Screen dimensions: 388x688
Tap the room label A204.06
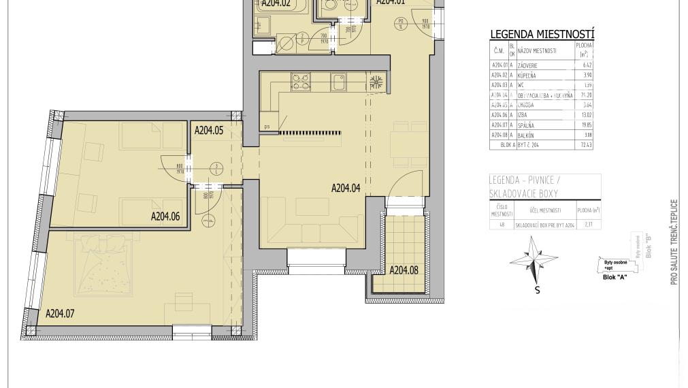coord(165,218)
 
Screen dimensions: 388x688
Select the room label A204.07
coord(60,314)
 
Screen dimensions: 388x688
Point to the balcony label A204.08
coord(405,270)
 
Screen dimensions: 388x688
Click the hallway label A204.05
coord(209,129)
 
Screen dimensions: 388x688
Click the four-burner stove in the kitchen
coord(300,82)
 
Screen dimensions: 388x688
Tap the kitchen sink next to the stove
coord(338,82)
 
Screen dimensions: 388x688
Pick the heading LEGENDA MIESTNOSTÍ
coord(542,35)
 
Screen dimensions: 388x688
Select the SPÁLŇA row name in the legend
coord(528,126)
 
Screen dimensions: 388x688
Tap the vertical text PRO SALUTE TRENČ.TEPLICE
coord(674,242)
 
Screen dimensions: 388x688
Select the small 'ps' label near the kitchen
coord(267,126)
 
